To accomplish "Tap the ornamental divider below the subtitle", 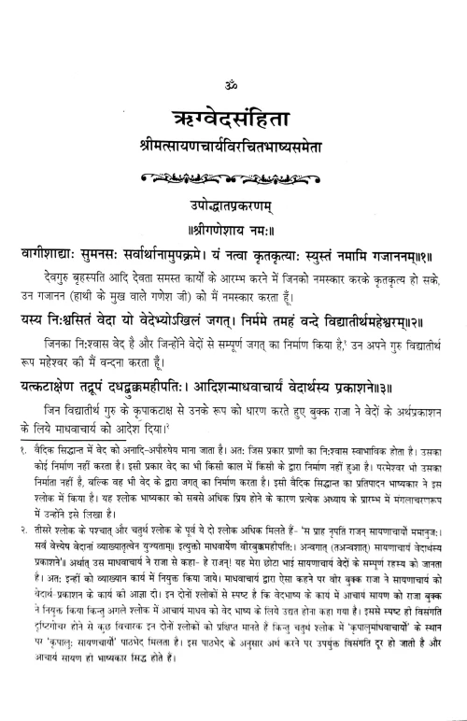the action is click(233, 151).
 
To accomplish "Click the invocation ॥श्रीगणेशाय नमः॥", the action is click(233, 201).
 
